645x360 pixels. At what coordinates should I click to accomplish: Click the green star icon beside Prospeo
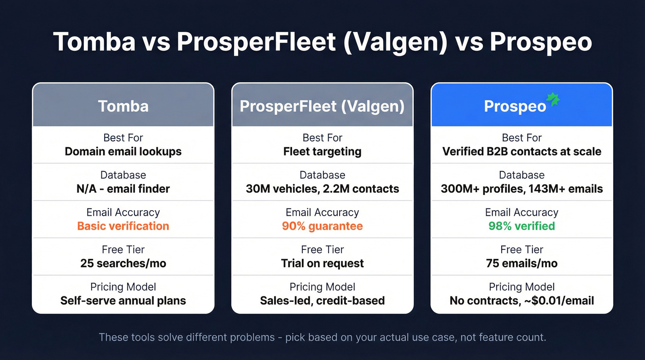(x=552, y=100)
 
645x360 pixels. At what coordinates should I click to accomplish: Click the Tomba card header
(x=123, y=106)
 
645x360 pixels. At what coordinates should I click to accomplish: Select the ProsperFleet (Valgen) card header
(x=322, y=106)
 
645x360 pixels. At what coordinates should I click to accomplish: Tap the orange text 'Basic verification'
(x=123, y=226)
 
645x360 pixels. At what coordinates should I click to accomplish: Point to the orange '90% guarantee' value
(x=322, y=226)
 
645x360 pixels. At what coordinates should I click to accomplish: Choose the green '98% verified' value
(x=522, y=226)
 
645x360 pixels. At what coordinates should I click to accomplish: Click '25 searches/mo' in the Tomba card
(x=123, y=263)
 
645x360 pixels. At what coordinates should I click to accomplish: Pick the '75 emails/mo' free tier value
(x=522, y=263)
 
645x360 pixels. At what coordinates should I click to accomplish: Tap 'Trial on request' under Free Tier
(x=322, y=263)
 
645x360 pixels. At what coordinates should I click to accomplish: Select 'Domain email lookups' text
(x=123, y=151)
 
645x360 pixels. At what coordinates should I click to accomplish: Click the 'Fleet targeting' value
(x=322, y=151)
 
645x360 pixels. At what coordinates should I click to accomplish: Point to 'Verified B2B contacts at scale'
(x=522, y=151)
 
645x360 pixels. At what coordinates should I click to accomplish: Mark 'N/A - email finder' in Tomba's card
(x=123, y=189)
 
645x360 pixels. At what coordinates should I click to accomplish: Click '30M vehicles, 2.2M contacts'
(x=322, y=189)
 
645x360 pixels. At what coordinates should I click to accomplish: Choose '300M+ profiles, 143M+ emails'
(x=522, y=189)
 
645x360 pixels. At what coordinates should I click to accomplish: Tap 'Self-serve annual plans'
(x=123, y=301)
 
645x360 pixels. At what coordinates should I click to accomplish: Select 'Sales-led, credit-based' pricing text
(x=322, y=301)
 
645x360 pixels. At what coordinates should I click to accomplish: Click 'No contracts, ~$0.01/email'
(x=522, y=301)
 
